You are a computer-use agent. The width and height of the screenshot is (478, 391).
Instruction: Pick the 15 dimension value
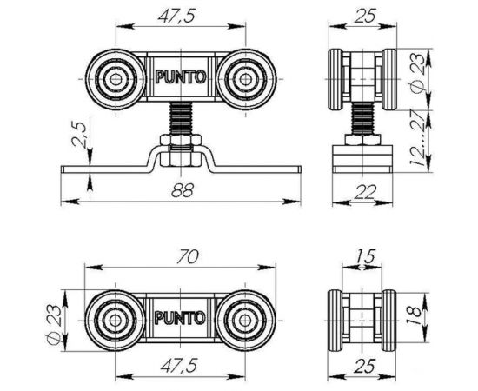pyautogui.click(x=363, y=255)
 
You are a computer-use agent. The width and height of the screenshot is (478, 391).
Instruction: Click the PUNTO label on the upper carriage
pyautogui.click(x=180, y=76)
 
